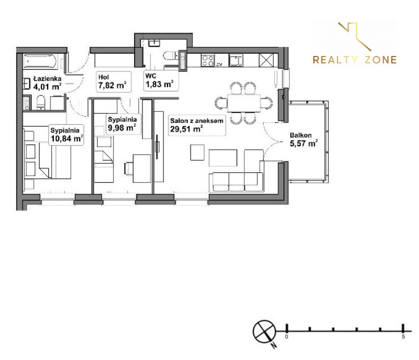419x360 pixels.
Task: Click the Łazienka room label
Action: pyautogui.click(x=47, y=79)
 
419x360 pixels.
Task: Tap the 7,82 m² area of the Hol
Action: pyautogui.click(x=112, y=85)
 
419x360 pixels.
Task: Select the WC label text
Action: pyautogui.click(x=151, y=76)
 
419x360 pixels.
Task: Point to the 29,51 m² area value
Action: pyautogui.click(x=187, y=129)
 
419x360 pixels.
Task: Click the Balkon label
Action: pyautogui.click(x=300, y=135)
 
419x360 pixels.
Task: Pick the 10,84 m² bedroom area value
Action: pyautogui.click(x=67, y=138)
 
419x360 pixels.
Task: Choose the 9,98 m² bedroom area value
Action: pyautogui.click(x=122, y=128)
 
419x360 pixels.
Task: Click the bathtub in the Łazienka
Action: pyautogui.click(x=40, y=61)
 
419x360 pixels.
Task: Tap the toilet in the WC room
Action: pyautogui.click(x=169, y=56)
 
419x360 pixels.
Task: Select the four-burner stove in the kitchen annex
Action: pyautogui.click(x=208, y=60)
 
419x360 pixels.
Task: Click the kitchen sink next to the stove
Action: pyautogui.click(x=236, y=60)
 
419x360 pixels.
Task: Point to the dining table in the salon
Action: pyautogui.click(x=244, y=103)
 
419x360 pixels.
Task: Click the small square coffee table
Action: pyautogui.click(x=197, y=152)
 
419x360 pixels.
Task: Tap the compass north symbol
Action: pyautogui.click(x=264, y=332)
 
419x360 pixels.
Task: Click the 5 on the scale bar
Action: pyautogui.click(x=403, y=337)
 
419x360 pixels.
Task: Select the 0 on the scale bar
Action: pyautogui.click(x=287, y=337)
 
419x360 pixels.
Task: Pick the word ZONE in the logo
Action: pyautogui.click(x=381, y=60)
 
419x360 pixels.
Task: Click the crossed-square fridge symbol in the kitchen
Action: pyautogui.click(x=266, y=60)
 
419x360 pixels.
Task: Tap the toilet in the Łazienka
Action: pyautogui.click(x=41, y=102)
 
